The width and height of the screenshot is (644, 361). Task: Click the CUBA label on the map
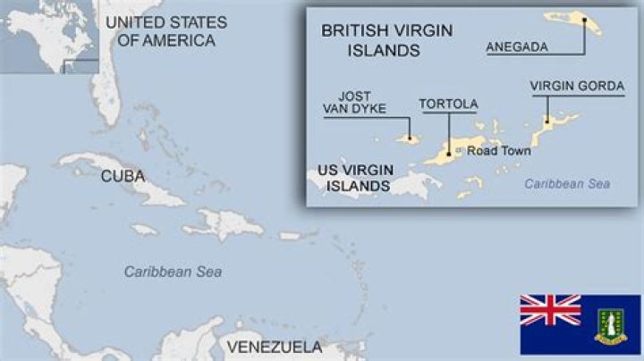pyautogui.click(x=123, y=176)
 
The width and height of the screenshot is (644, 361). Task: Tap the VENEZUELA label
pyautogui.click(x=274, y=347)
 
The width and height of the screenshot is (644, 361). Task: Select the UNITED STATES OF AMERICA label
pyautogui.click(x=165, y=31)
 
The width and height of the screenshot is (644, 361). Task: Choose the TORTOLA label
pyautogui.click(x=448, y=105)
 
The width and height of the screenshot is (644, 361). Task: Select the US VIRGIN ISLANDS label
pyautogui.click(x=354, y=178)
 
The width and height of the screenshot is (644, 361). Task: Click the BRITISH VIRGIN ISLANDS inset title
pyautogui.click(x=386, y=40)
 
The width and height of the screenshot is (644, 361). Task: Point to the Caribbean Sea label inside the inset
pyautogui.click(x=567, y=183)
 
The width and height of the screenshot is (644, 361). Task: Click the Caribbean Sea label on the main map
pyautogui.click(x=173, y=272)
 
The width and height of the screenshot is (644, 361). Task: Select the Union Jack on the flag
pyautogui.click(x=550, y=309)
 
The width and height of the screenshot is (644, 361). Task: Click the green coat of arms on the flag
pyautogui.click(x=613, y=323)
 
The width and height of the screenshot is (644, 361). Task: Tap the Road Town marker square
pyautogui.click(x=460, y=151)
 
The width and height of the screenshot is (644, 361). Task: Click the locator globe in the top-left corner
pyautogui.click(x=47, y=36)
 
